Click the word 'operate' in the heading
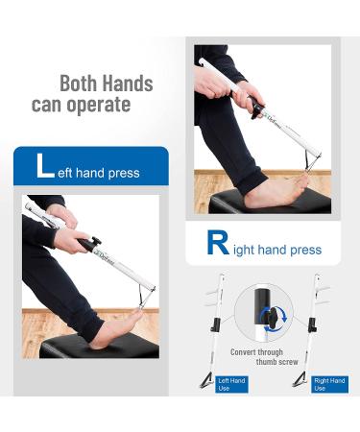[x=99, y=104]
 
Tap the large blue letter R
[x=219, y=244]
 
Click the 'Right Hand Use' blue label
[x=329, y=384]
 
